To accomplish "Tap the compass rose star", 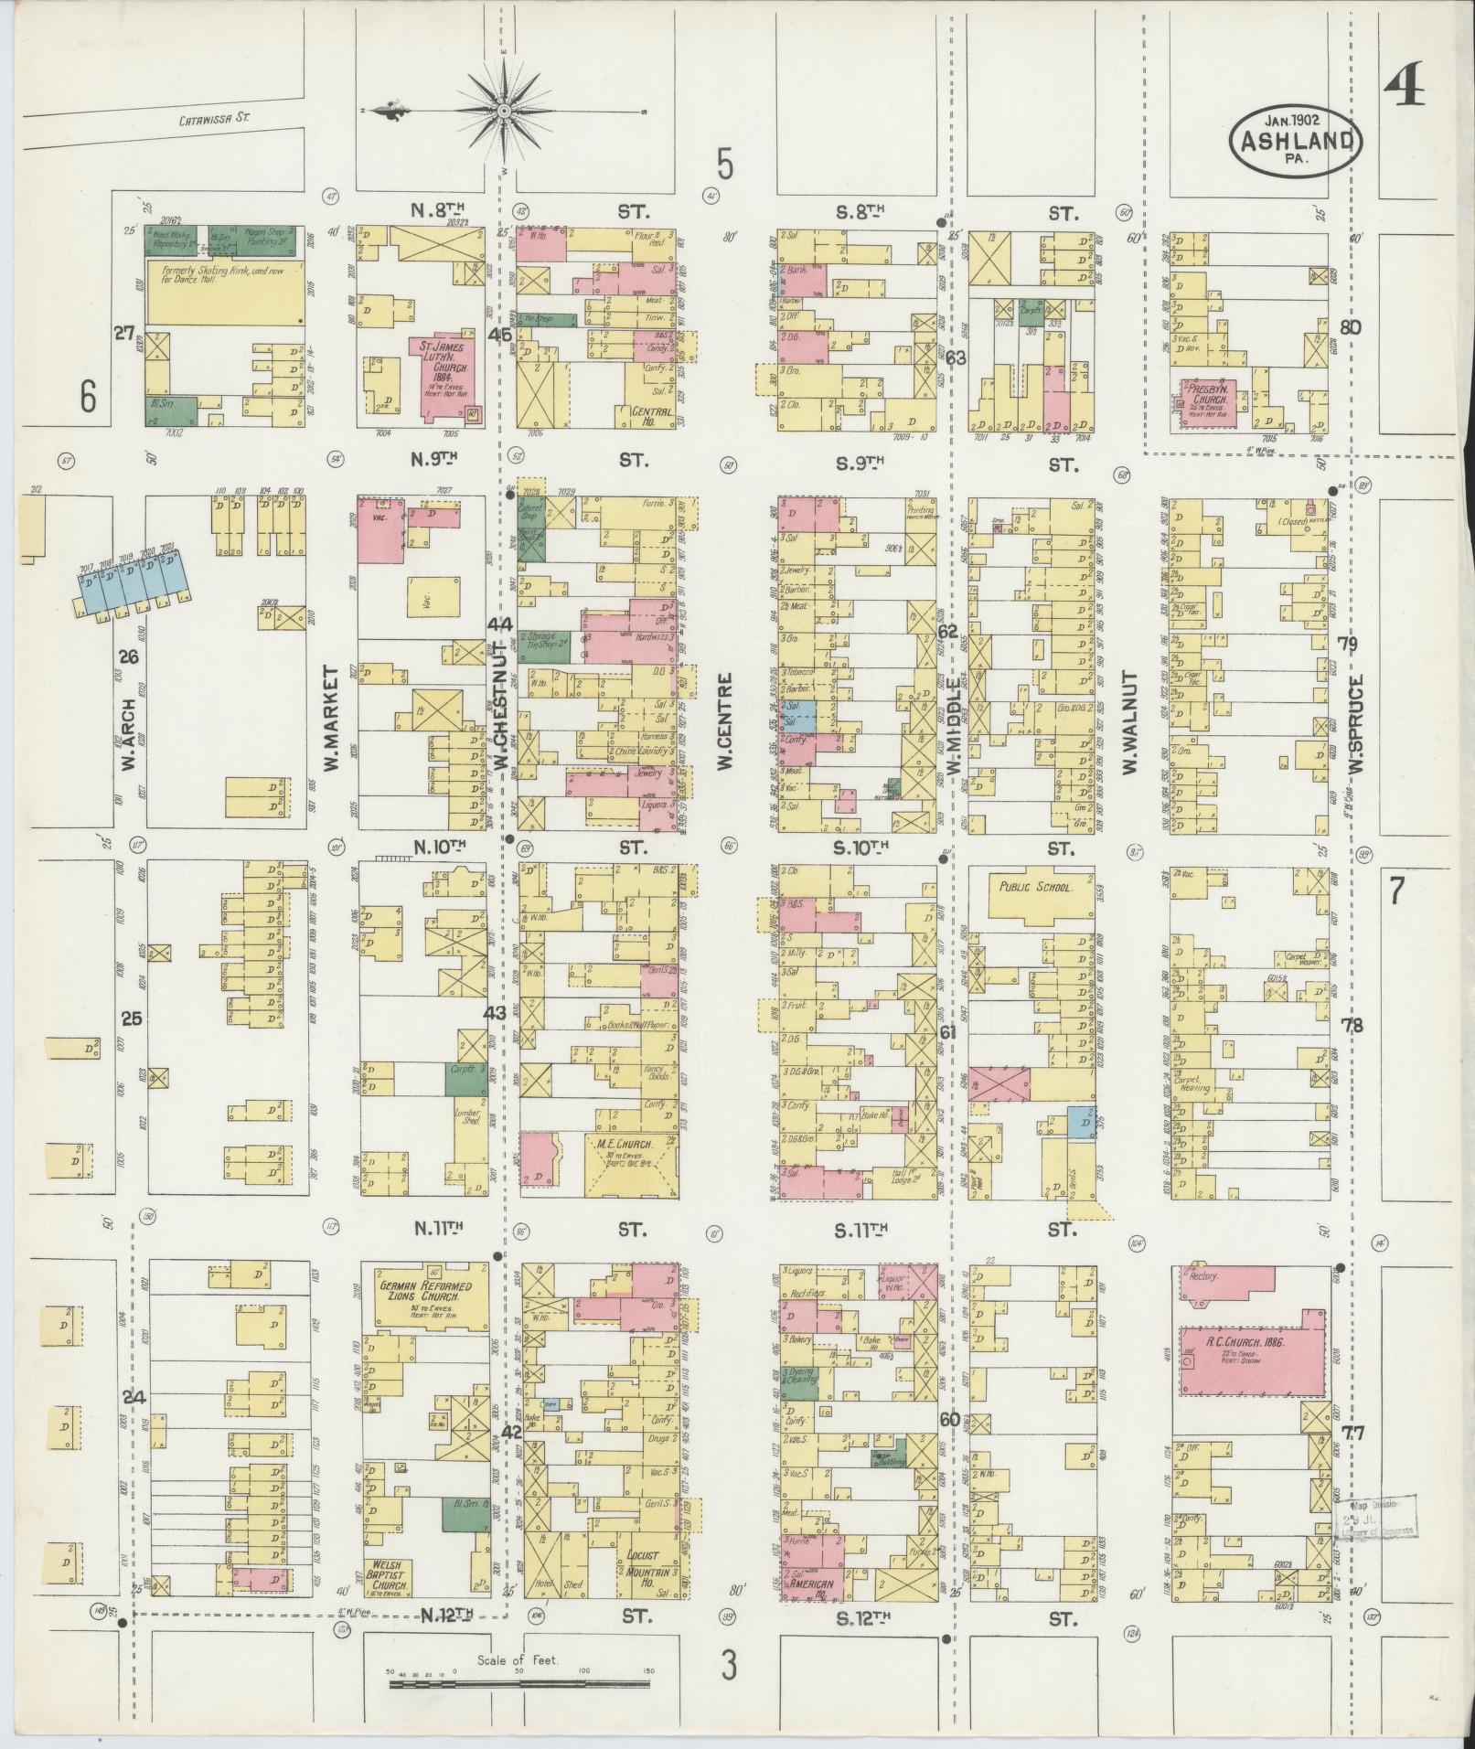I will pyautogui.click(x=503, y=111).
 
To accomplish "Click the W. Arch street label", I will pyautogui.click(x=128, y=734).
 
